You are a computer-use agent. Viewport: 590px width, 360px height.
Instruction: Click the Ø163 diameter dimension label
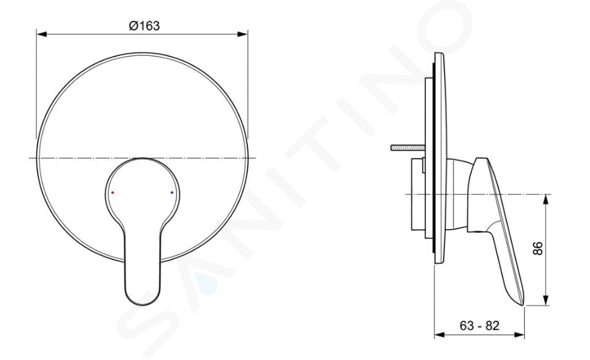(x=144, y=26)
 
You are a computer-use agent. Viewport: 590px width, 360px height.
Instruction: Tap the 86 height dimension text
(x=538, y=248)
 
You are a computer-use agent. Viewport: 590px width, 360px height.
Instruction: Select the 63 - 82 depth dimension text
(x=479, y=326)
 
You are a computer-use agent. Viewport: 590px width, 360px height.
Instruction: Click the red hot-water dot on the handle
(x=112, y=192)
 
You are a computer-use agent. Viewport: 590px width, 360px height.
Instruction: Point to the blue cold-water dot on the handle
(x=172, y=192)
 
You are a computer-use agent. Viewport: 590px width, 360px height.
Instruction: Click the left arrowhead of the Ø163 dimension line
(x=41, y=34)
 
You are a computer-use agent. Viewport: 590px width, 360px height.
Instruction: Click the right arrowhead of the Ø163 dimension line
(x=243, y=34)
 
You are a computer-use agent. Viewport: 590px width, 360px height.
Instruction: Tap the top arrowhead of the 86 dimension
(x=546, y=200)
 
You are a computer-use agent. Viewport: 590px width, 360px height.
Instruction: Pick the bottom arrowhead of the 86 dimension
(x=546, y=300)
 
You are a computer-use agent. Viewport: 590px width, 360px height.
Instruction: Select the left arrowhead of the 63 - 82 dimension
(x=439, y=334)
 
